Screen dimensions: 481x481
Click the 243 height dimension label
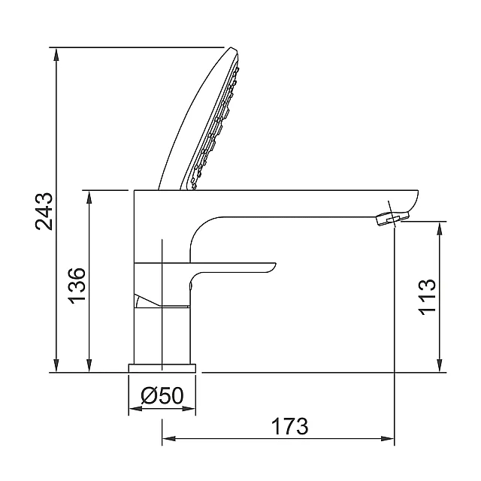pos(44,211)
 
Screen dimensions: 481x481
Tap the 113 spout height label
pos(427,297)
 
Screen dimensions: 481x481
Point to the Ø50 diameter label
pos(162,395)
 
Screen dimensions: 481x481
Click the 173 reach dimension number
pos(290,426)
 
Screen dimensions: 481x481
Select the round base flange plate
pos(162,368)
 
